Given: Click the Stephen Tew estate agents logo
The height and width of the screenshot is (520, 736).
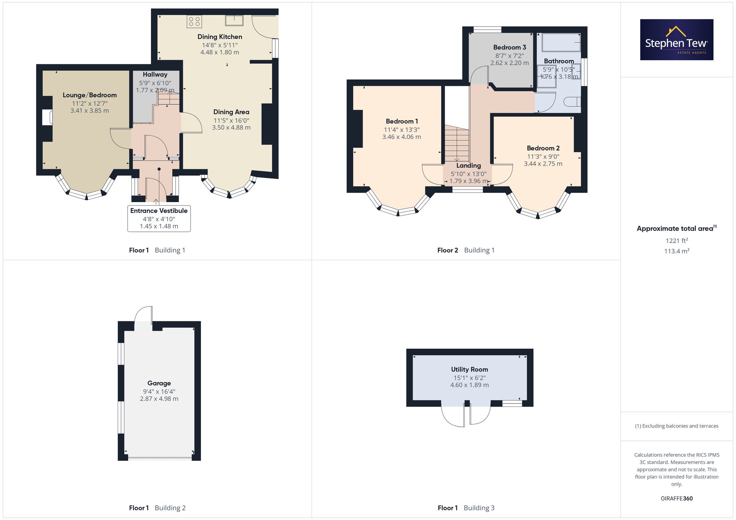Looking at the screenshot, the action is pyautogui.click(x=677, y=40).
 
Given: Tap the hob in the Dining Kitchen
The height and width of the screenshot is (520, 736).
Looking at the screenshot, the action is pyautogui.click(x=194, y=21).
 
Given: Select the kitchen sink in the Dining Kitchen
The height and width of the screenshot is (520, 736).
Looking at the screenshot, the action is pyautogui.click(x=234, y=20).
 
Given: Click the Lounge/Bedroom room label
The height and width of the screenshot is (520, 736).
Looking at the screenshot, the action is pyautogui.click(x=90, y=95).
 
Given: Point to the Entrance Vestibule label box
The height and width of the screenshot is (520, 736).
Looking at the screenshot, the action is pyautogui.click(x=159, y=218).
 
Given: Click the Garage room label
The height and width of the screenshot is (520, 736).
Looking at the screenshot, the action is pyautogui.click(x=159, y=383).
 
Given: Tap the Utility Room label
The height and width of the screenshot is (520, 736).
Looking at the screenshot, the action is pyautogui.click(x=470, y=369).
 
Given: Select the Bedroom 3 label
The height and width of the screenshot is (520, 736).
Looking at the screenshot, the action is pyautogui.click(x=510, y=47).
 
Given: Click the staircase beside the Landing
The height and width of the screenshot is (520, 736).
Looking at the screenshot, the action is pyautogui.click(x=457, y=143).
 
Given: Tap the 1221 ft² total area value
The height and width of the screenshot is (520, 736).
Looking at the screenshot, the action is pyautogui.click(x=677, y=240).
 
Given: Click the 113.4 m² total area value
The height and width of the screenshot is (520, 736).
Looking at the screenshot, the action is pyautogui.click(x=677, y=251).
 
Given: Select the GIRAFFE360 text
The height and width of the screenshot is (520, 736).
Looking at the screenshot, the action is pyautogui.click(x=677, y=499).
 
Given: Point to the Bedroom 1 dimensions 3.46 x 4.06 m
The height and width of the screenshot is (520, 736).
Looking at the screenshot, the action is pyautogui.click(x=401, y=137).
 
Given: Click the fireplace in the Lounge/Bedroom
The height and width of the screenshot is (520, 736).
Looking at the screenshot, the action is pyautogui.click(x=47, y=117).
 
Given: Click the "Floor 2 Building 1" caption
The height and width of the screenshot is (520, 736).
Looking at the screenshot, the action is pyautogui.click(x=466, y=250).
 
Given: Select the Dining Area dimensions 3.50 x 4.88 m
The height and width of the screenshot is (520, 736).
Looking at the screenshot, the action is pyautogui.click(x=231, y=128).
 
